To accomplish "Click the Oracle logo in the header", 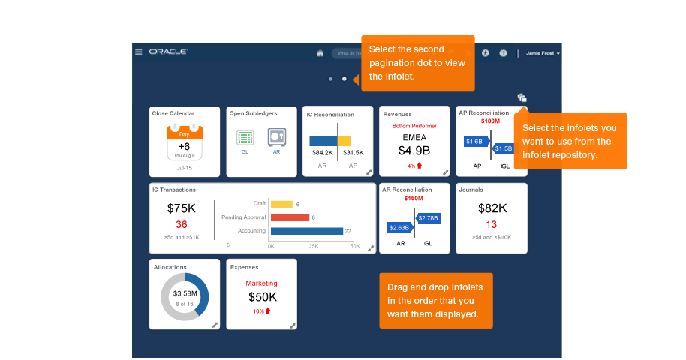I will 168,52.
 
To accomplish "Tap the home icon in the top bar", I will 320,53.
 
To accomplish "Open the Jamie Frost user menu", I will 543,53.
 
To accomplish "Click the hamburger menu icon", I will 138,52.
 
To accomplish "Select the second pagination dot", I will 345,79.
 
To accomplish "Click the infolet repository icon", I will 522,98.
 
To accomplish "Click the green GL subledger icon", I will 245,138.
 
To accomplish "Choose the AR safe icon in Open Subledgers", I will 276,138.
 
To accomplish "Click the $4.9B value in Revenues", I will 414,151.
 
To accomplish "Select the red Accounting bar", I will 290,217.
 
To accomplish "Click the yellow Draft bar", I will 281,204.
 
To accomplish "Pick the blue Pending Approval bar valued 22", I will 306,231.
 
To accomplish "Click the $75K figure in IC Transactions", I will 182,208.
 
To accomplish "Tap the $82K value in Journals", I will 492,208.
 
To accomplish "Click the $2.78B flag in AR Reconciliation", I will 428,218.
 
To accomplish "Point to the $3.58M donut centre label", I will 185,293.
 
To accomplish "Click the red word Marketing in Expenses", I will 261,283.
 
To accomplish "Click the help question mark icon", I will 503,53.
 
